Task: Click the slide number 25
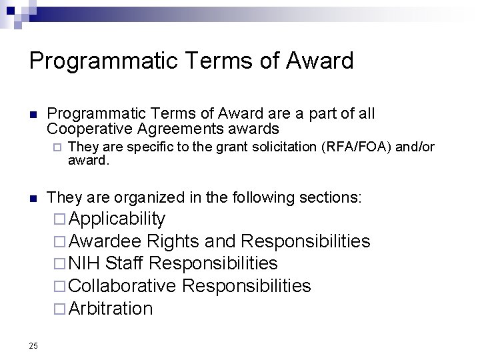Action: [33, 345]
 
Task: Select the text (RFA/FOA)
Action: [354, 147]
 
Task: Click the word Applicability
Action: [117, 219]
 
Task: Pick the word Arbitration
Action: [111, 309]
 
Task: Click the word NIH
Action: [84, 264]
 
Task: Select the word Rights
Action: [177, 241]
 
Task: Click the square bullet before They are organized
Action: [33, 199]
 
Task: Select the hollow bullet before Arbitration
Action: [58, 309]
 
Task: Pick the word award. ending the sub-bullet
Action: [89, 160]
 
